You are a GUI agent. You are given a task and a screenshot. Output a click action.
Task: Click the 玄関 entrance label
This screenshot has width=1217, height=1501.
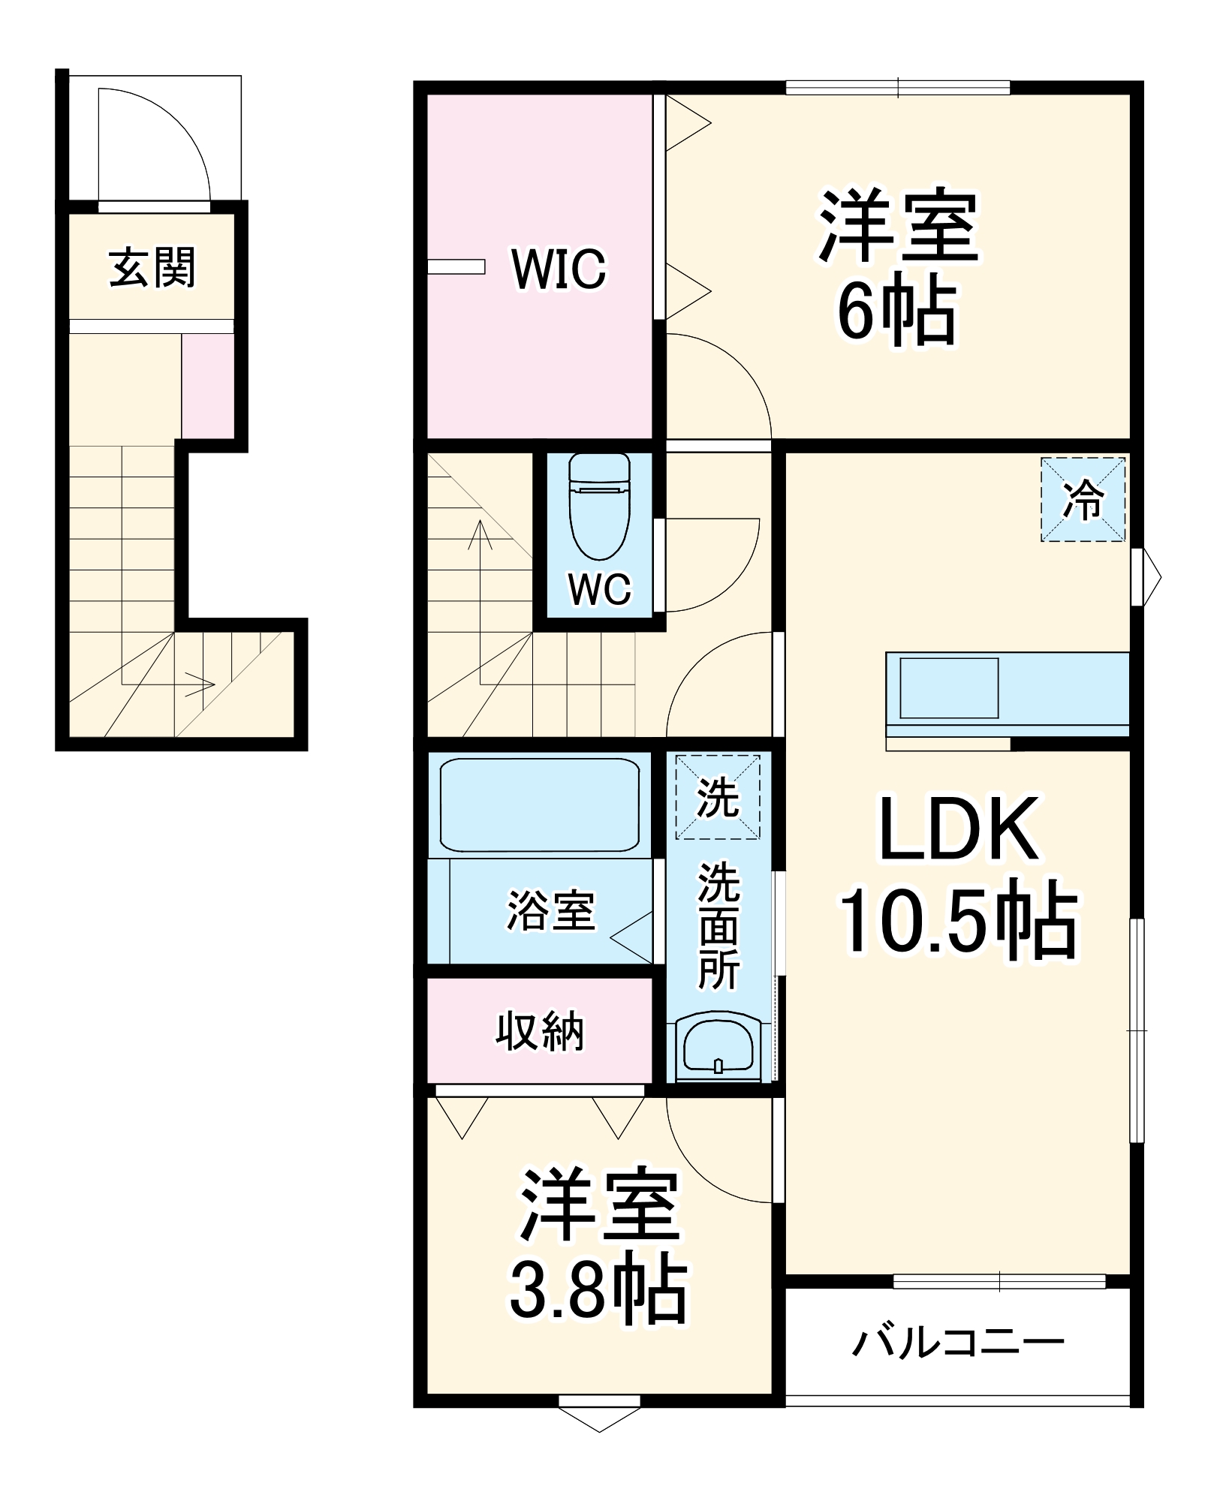152,268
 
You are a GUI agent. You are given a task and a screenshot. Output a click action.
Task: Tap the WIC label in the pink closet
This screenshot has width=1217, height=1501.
559,269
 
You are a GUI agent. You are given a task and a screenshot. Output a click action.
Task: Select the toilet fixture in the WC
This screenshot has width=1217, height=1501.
599,507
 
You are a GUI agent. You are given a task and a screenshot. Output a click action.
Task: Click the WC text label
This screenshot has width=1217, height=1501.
599,589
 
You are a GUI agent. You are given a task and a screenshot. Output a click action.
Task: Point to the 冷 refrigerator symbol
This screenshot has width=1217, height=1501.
1083,500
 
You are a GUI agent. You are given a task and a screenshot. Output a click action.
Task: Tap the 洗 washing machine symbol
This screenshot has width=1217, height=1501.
718,797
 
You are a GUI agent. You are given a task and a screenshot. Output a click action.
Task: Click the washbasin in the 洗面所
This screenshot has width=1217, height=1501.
718,1046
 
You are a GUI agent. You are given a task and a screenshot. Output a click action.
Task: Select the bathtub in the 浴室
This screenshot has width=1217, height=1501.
539,805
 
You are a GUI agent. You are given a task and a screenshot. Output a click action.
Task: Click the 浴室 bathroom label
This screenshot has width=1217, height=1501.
550,911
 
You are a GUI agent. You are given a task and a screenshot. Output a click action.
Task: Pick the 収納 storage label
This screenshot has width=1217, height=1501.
539,1032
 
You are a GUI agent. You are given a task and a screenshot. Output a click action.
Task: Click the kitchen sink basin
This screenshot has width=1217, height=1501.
949,687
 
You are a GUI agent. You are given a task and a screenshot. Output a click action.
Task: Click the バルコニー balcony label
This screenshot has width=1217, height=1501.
958,1343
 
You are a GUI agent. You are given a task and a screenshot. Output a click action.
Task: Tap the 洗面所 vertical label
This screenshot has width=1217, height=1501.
718,926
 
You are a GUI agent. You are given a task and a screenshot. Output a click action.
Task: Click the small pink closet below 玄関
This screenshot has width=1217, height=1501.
207,386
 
